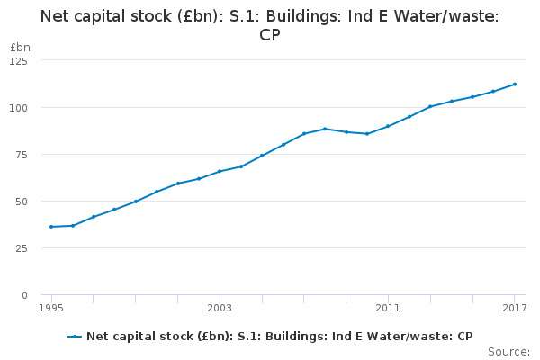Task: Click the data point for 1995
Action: coord(51,227)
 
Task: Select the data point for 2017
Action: coord(514,85)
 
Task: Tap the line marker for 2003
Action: coord(220,171)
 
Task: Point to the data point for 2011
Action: coord(388,126)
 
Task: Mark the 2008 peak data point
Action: coord(325,129)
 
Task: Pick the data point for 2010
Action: coord(367,134)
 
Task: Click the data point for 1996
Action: coord(72,225)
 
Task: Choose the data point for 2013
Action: coord(430,106)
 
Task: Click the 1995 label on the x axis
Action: coord(51,309)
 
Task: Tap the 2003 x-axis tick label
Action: coord(220,309)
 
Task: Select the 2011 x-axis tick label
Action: coord(388,309)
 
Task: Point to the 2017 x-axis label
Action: coord(514,309)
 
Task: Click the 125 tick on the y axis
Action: coord(18,60)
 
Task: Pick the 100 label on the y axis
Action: coord(18,107)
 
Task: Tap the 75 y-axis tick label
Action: coord(21,154)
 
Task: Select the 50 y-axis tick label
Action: coord(21,201)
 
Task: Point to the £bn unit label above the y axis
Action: coord(19,46)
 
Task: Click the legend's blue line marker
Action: coord(75,337)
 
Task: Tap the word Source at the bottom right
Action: coord(508,352)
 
